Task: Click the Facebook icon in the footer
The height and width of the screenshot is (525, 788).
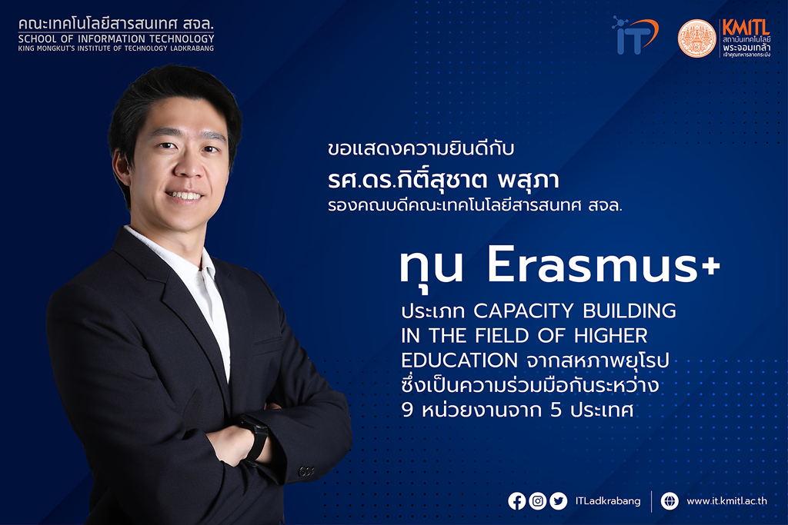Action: [516, 501]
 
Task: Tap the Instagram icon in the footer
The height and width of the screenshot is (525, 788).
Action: [537, 501]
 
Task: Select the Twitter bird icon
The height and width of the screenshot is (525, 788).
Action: [558, 501]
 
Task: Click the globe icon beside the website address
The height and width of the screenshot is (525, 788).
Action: [669, 501]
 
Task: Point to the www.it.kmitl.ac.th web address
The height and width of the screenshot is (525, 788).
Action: [726, 501]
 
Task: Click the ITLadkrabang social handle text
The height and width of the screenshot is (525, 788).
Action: [608, 501]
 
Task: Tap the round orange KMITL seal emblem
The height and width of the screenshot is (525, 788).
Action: [696, 38]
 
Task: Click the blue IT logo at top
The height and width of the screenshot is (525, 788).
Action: [634, 35]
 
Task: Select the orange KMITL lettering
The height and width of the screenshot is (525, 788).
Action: [746, 27]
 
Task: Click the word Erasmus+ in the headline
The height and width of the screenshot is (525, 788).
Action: [603, 265]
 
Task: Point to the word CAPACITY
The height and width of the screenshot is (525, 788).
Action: [523, 311]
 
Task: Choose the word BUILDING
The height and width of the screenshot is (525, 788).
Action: [629, 311]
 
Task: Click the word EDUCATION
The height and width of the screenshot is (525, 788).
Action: [459, 361]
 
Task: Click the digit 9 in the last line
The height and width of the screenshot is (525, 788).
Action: [407, 410]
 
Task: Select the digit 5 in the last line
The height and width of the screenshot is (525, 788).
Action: [556, 410]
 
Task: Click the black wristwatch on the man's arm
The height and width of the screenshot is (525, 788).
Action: [255, 436]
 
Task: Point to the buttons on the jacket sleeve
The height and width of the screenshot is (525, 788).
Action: [306, 471]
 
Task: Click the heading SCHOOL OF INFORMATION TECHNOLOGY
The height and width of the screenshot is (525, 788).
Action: [116, 38]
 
